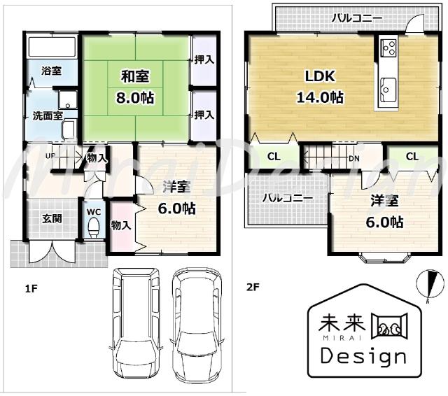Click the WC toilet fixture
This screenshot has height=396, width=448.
pyautogui.click(x=94, y=227)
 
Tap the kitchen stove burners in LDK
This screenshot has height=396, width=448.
pyautogui.click(x=388, y=48)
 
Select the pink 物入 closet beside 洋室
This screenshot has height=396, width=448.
pyautogui.click(x=121, y=225)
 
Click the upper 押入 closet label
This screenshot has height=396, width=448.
pyautogui.click(x=204, y=60)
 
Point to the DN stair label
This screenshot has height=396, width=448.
pyautogui.click(x=353, y=159)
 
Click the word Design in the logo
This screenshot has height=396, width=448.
pyautogui.click(x=363, y=356)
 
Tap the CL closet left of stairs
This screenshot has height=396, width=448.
pyautogui.click(x=274, y=156)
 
